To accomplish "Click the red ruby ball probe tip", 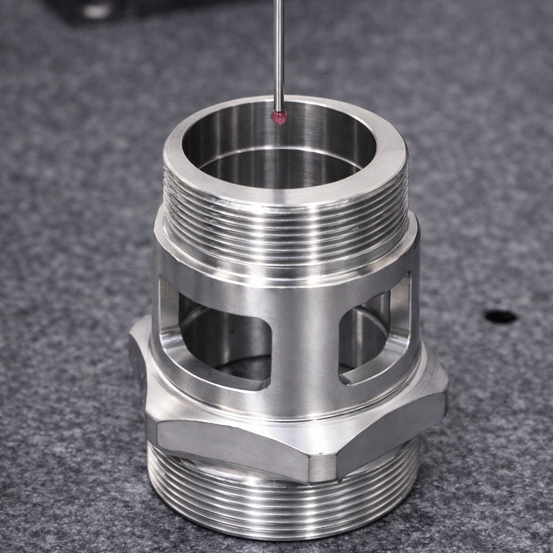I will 279,116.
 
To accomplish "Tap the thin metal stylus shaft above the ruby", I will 279,54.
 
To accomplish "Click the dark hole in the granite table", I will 501,316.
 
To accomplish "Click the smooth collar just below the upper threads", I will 286,270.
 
